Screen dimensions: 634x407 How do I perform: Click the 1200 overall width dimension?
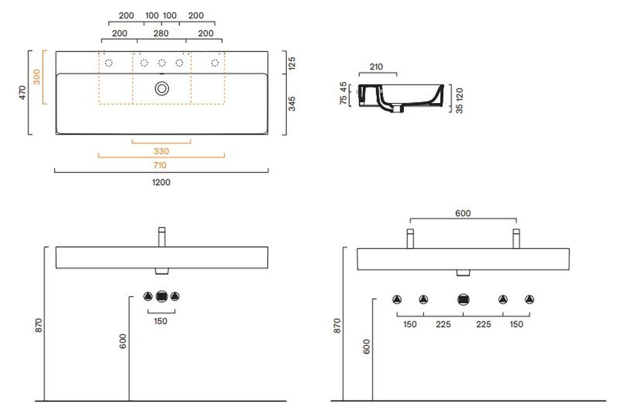coord(161,182)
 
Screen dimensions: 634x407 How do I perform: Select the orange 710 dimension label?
coord(160,165)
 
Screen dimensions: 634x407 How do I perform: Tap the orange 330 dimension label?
coord(161,151)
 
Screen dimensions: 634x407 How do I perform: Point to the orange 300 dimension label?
coord(37,77)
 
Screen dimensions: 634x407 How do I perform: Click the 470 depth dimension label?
coord(22,92)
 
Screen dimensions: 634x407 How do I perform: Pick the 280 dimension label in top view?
coord(161,34)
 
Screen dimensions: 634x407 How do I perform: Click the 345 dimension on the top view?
coord(292,104)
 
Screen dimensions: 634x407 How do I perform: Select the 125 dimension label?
coord(292,63)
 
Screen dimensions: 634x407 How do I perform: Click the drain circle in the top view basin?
coord(162,89)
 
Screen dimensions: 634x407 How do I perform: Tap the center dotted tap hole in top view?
coord(162,63)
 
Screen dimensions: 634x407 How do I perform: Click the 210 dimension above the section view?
coord(376,67)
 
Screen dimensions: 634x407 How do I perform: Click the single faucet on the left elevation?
coord(162,237)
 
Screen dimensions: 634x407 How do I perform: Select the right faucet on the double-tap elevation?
coord(516,239)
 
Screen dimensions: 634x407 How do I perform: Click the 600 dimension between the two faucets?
coord(463,213)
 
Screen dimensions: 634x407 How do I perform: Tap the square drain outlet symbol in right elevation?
coord(464,299)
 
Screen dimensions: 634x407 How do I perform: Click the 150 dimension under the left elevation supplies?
coord(160,321)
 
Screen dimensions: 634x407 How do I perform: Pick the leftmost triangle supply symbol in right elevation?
coord(397,299)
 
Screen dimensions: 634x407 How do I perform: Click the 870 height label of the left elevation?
coord(39,325)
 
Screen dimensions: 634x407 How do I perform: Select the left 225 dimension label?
coord(443,324)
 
